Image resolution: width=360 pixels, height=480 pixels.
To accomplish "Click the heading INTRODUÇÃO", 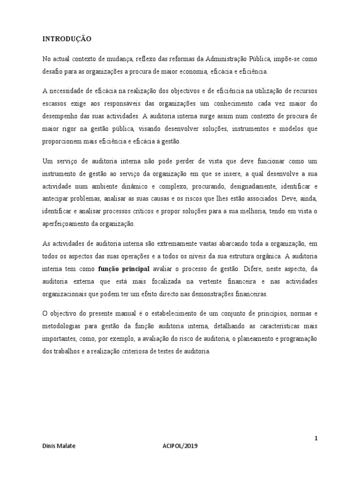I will click(x=67, y=39).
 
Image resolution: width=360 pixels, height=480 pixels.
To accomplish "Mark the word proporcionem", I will click(x=63, y=142).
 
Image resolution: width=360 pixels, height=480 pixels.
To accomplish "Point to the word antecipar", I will click(x=56, y=199).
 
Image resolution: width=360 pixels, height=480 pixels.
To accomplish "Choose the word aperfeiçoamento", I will click(x=67, y=224).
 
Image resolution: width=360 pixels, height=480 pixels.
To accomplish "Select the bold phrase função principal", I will click(x=124, y=269).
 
